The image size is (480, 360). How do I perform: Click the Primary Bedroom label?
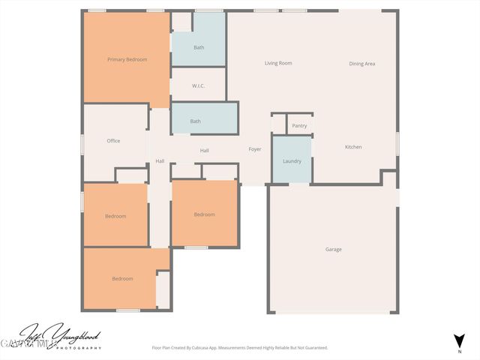click(127, 59)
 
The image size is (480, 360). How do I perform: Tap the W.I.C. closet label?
click(199, 86)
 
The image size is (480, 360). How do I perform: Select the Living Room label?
click(278, 63)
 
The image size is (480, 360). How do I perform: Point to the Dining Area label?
click(362, 64)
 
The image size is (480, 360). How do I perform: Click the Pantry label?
click(299, 126)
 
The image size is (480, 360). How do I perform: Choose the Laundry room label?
click(292, 161)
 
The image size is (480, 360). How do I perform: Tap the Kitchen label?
click(353, 147)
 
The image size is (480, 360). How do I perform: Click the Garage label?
click(334, 249)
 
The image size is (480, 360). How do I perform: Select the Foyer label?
click(255, 149)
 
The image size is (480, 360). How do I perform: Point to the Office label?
click(113, 141)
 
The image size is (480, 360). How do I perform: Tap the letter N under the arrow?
click(460, 351)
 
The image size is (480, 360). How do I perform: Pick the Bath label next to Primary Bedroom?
click(199, 48)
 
